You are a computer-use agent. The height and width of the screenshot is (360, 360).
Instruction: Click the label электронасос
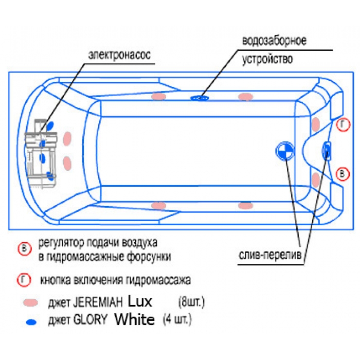click(x=120, y=55)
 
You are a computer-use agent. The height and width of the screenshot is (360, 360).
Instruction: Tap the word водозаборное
click(x=274, y=41)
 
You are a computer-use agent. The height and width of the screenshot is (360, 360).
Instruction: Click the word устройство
click(x=268, y=59)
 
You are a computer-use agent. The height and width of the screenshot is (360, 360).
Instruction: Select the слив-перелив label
click(x=270, y=255)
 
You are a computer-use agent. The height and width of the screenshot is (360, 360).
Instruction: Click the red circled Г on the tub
click(x=343, y=124)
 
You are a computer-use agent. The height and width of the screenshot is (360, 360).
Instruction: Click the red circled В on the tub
click(x=343, y=174)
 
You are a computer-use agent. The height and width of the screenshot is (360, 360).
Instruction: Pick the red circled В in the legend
click(x=25, y=248)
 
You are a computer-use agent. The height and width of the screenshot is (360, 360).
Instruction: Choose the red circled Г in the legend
click(x=24, y=280)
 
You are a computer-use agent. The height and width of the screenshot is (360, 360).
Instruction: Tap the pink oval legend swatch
click(x=30, y=302)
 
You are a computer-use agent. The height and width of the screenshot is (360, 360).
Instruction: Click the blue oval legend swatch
click(x=31, y=322)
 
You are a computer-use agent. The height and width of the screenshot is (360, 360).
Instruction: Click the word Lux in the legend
click(x=140, y=301)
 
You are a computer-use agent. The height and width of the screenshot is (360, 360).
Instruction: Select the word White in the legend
click(x=135, y=319)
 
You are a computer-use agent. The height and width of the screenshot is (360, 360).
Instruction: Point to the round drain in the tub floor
click(x=285, y=151)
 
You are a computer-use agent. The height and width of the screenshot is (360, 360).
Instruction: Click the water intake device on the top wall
click(x=200, y=98)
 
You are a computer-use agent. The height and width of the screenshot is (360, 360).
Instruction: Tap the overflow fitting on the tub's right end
click(x=327, y=151)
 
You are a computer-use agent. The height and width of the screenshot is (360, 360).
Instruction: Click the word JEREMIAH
click(x=98, y=302)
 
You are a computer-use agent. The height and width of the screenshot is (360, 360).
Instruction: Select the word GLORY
click(x=90, y=319)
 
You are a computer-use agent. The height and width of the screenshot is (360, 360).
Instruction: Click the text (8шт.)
click(x=191, y=302)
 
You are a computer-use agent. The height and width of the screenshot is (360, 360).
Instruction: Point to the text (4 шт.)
click(x=177, y=319)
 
